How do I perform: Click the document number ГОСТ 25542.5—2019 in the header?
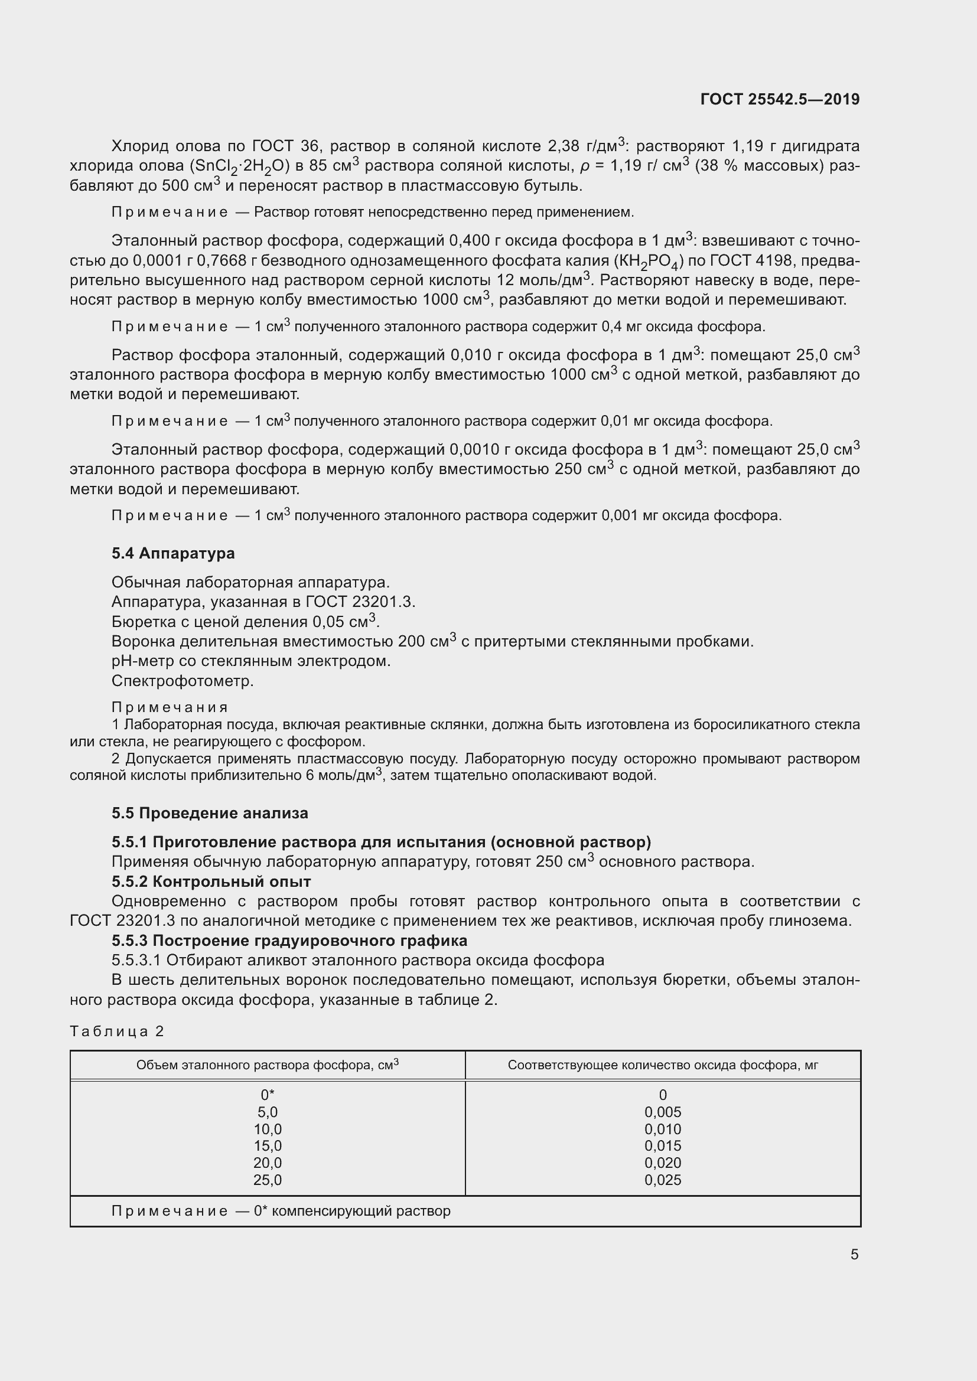pos(780,99)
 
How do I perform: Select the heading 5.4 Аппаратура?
pos(173,553)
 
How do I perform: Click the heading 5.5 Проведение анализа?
pos(209,813)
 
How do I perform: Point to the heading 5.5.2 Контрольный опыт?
pos(211,882)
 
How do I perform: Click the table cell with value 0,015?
pos(662,1146)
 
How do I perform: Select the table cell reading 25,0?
pos(268,1180)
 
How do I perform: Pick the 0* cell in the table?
pos(268,1095)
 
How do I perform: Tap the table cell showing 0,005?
pos(662,1112)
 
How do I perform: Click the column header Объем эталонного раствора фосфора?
pos(268,1065)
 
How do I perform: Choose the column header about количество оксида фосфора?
pos(662,1065)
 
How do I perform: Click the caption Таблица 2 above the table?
pos(117,1031)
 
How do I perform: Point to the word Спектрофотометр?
pos(183,681)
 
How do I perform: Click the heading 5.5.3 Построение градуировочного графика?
pos(289,941)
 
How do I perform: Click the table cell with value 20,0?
pos(268,1163)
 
